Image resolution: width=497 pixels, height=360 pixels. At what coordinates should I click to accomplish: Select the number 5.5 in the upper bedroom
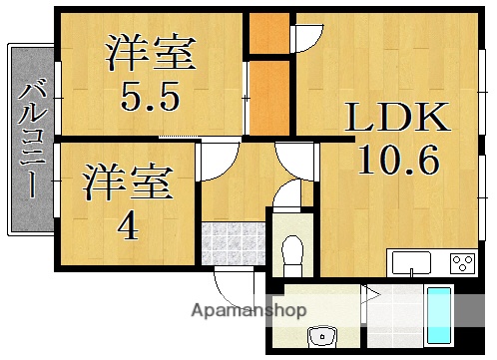coord(150,97)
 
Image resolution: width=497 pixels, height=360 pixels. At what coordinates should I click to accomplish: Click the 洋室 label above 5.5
coord(150,53)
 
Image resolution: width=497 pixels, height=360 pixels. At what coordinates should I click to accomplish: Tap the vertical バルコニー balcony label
coord(30,140)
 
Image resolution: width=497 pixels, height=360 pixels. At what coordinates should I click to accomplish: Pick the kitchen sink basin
coord(411,263)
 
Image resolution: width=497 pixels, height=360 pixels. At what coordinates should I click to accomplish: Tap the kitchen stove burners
coord(462,263)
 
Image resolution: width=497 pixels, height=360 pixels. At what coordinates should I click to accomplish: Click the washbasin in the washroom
coord(321,336)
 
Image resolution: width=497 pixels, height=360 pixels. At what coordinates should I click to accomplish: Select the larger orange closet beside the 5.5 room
coord(267,97)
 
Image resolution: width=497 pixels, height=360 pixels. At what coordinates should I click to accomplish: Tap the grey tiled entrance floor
coord(232,242)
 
